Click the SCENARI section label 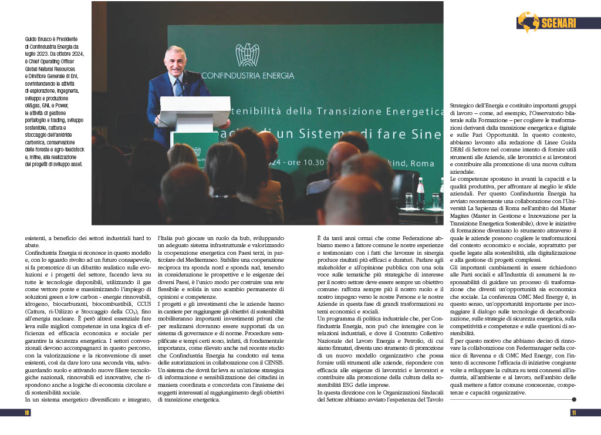coord(558,23)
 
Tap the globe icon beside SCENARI coord(528,22)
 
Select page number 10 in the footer coord(27,413)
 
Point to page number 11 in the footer coord(573,413)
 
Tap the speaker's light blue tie coord(178,88)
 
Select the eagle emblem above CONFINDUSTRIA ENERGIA coord(247,55)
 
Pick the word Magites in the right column coord(462,216)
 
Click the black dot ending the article coord(573,399)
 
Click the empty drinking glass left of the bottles coord(409,200)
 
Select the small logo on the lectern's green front coord(197,152)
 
